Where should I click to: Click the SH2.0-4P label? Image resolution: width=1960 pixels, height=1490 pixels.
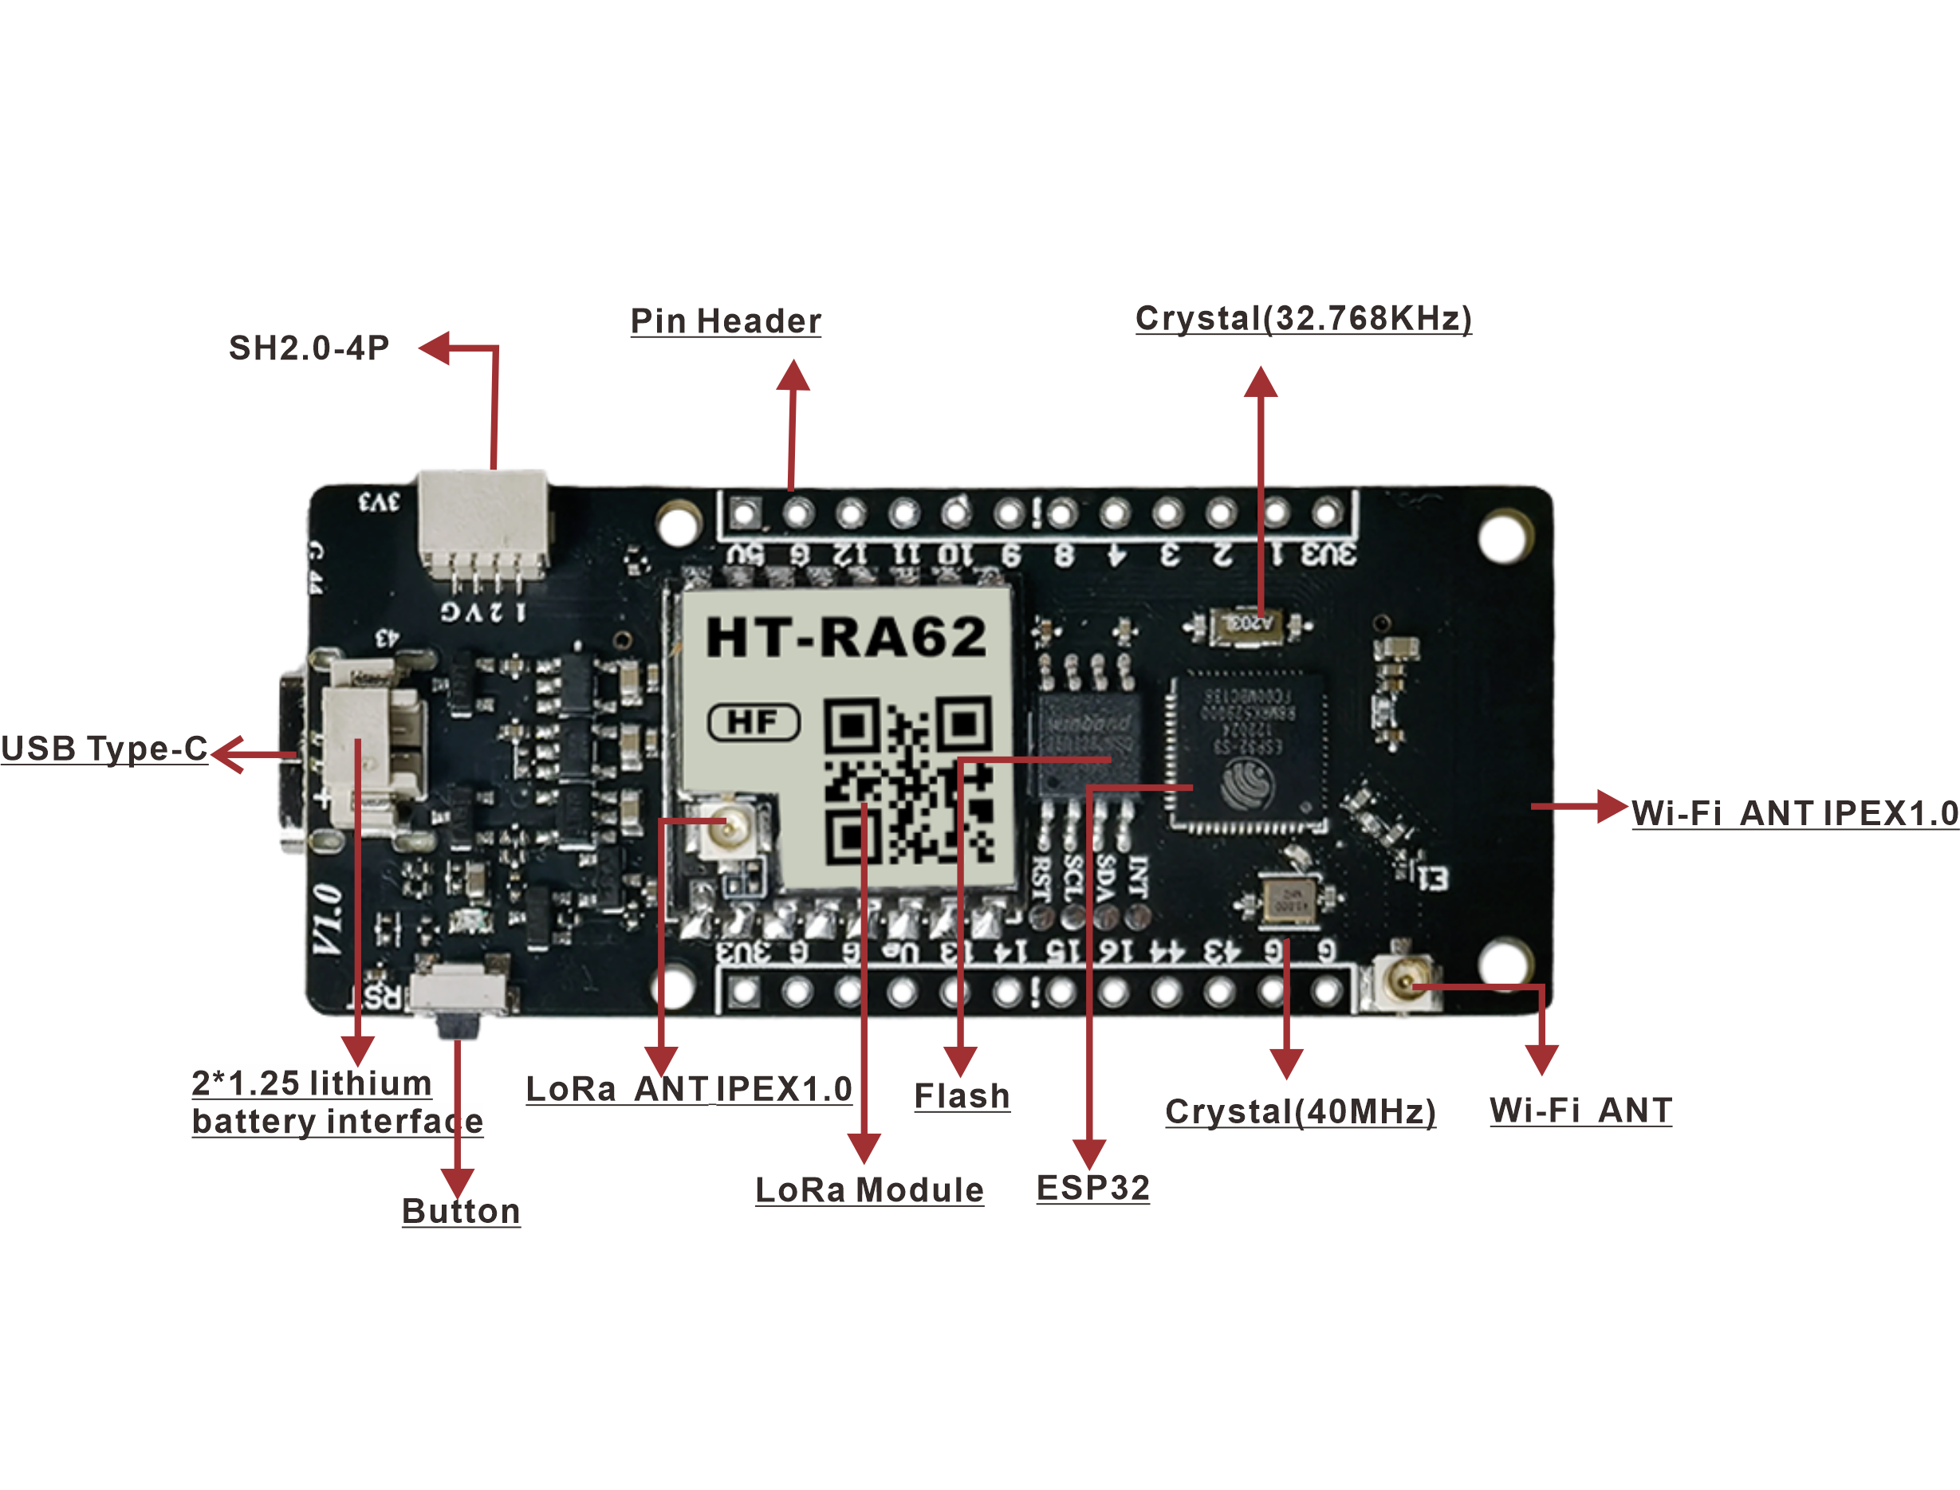(x=309, y=348)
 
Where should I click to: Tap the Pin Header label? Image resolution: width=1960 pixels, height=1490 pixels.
(x=726, y=321)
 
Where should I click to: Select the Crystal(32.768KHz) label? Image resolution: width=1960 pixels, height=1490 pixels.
(x=1303, y=317)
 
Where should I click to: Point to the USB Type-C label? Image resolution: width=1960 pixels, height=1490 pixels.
(x=104, y=749)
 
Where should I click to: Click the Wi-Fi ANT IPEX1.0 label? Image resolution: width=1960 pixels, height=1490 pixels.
(x=1794, y=812)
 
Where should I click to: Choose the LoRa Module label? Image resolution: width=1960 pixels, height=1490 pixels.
(x=869, y=1189)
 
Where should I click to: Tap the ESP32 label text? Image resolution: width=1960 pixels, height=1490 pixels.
(x=1092, y=1188)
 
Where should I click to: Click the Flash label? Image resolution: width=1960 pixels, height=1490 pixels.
(x=962, y=1096)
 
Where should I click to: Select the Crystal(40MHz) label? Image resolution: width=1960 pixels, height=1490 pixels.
(x=1301, y=1111)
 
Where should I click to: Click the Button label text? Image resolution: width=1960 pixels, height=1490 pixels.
(x=461, y=1211)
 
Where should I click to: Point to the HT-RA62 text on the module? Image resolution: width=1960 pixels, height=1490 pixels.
(x=846, y=637)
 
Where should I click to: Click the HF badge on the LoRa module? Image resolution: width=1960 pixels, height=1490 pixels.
(x=754, y=722)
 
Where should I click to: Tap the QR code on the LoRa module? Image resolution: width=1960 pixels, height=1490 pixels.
(x=908, y=780)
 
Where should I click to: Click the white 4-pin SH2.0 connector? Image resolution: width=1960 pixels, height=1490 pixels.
(x=483, y=519)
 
